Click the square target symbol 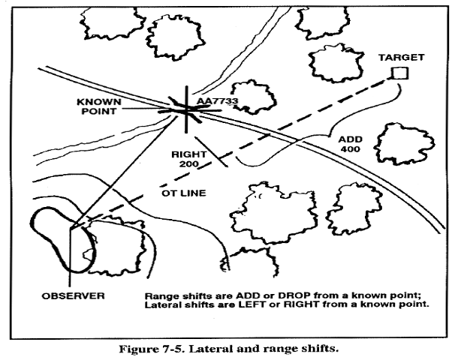point(400,73)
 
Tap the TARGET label point(402,58)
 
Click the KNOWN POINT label point(98,106)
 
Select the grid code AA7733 point(217,101)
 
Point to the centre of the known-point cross point(186,110)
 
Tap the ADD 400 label point(350,144)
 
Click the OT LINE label point(184,193)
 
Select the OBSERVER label point(73,295)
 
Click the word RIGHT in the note point(301,304)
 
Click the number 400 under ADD point(351,149)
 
